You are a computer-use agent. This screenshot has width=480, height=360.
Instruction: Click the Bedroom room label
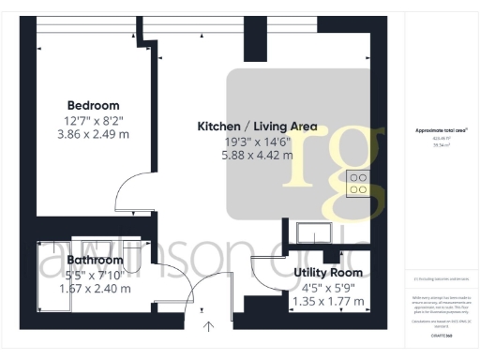(x=92, y=105)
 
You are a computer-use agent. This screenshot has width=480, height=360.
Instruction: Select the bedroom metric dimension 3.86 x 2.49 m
(x=92, y=136)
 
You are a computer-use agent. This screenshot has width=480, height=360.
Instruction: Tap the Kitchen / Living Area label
(x=257, y=126)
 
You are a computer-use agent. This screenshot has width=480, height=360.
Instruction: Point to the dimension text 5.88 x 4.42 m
(x=257, y=156)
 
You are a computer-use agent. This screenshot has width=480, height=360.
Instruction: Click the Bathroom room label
(x=95, y=260)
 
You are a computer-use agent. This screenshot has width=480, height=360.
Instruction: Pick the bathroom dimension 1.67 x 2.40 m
(x=95, y=289)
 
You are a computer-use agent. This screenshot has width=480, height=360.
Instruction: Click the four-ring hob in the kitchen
(x=357, y=184)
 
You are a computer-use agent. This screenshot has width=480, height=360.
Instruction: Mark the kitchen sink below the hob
(x=310, y=232)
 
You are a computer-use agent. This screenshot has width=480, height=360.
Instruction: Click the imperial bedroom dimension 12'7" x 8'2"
(x=92, y=121)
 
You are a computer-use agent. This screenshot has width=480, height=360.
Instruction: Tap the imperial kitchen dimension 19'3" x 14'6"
(x=257, y=141)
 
